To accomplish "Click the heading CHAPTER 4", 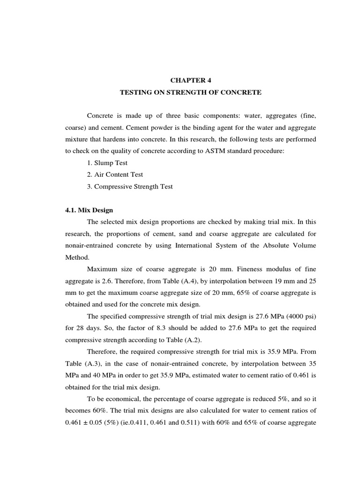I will pyautogui.click(x=190, y=80).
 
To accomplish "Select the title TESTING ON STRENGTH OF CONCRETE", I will pyautogui.click(x=190, y=92).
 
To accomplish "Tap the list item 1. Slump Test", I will pyautogui.click(x=107, y=163).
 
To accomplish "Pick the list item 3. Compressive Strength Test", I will pyautogui.click(x=129, y=186).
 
